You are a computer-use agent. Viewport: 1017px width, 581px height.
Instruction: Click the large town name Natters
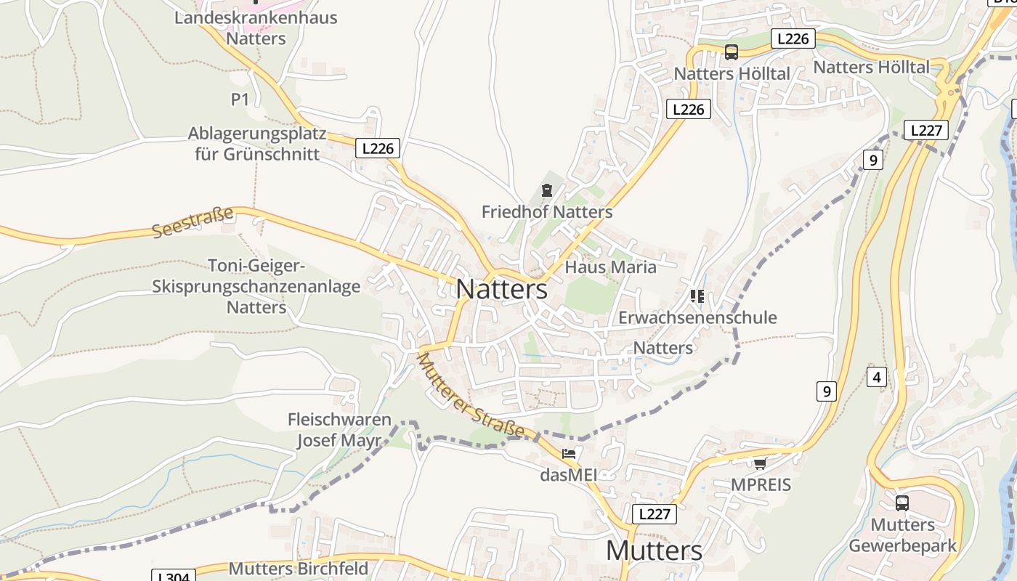click(501, 289)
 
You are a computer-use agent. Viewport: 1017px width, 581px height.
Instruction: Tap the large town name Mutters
click(654, 550)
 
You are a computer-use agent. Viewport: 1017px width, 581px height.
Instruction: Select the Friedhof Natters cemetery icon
click(546, 191)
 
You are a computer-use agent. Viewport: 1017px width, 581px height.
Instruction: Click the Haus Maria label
click(610, 267)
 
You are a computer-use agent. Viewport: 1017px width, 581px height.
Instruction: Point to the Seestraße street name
click(193, 222)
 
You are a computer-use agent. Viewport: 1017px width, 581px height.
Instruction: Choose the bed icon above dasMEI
click(569, 454)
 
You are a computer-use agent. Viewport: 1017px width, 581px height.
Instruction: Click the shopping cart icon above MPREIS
click(760, 463)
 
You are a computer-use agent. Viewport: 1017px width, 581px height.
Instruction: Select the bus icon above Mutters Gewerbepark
click(901, 503)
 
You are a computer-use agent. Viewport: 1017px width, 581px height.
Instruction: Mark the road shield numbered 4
click(877, 377)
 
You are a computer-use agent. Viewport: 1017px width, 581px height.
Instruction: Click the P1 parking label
click(240, 99)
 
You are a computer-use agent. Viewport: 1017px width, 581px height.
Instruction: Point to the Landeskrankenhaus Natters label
click(256, 28)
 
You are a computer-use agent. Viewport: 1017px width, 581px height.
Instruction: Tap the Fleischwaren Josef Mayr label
click(339, 430)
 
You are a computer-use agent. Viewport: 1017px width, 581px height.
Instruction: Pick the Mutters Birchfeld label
click(299, 568)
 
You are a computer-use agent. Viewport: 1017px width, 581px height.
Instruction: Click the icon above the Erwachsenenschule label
click(697, 296)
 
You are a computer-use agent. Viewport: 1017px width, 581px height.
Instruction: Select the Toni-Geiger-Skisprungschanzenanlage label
click(256, 286)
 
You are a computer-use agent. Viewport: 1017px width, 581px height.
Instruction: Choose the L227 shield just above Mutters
click(654, 514)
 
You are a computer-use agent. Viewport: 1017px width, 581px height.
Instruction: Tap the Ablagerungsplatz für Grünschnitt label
click(254, 144)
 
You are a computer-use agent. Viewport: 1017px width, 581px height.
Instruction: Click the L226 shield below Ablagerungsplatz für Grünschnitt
click(378, 148)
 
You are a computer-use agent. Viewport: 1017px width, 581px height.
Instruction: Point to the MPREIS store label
click(761, 485)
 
